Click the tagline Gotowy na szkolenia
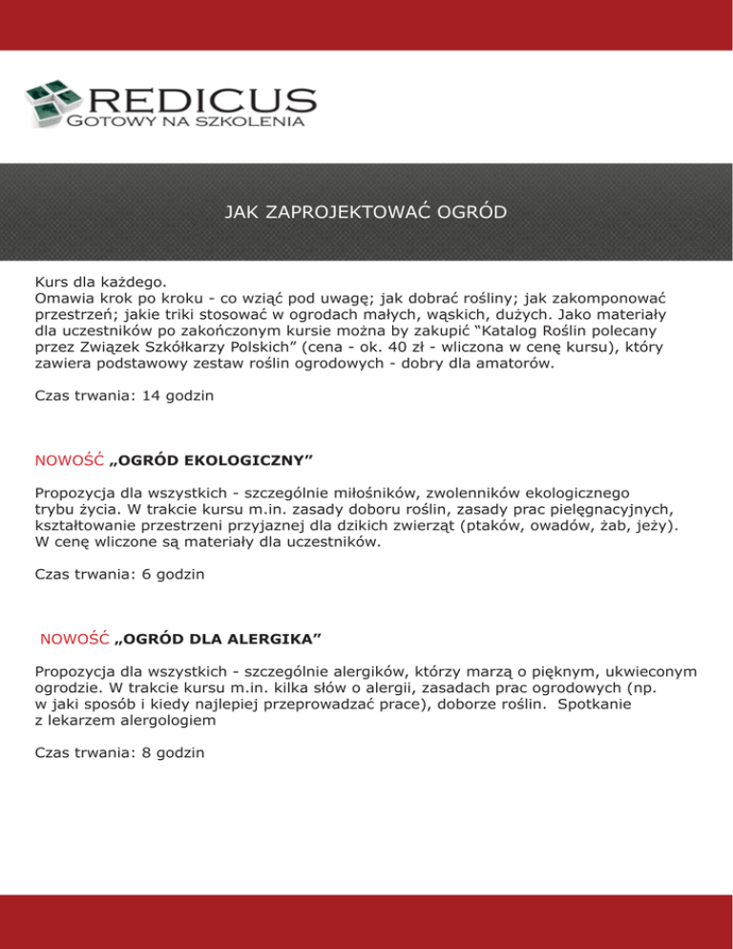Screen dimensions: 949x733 coord(185,122)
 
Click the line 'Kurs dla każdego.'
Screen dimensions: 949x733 coord(99,283)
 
